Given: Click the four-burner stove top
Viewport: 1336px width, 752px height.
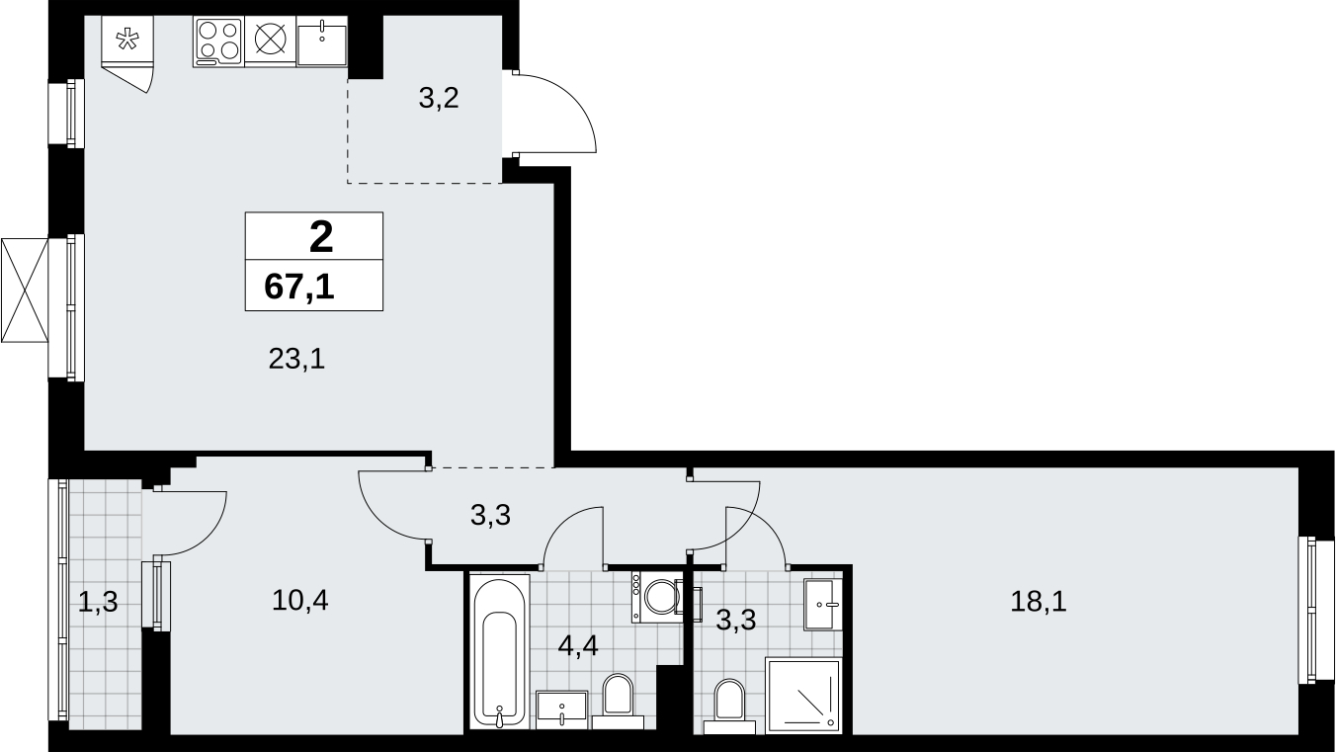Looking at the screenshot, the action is coord(218,41).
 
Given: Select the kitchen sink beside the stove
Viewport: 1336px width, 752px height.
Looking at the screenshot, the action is coord(321,41).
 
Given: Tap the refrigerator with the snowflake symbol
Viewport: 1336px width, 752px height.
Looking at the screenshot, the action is coord(127,39).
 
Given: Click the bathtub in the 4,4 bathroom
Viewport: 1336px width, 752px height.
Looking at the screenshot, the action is coord(499,651).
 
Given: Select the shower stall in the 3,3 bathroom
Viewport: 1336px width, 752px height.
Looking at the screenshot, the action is coord(803,696).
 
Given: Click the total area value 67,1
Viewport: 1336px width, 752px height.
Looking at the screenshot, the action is coord(298,287).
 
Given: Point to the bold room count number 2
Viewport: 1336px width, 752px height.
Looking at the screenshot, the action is coord(321,237).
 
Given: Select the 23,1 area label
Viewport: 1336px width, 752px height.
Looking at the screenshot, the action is coord(296,359).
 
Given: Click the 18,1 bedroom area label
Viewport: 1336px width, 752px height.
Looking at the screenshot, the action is coord(1038,602).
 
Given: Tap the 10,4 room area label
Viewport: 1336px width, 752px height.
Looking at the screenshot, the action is coord(299,600).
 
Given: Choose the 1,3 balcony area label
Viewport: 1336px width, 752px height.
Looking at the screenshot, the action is coord(98,602).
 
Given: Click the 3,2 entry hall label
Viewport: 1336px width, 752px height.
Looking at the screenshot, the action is coord(439,98).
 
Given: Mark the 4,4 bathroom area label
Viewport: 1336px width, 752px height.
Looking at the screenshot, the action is coord(577,645).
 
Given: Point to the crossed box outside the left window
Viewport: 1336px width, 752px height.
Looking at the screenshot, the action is coord(25,291).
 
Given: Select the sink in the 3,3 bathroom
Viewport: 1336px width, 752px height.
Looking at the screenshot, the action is coord(822,604).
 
